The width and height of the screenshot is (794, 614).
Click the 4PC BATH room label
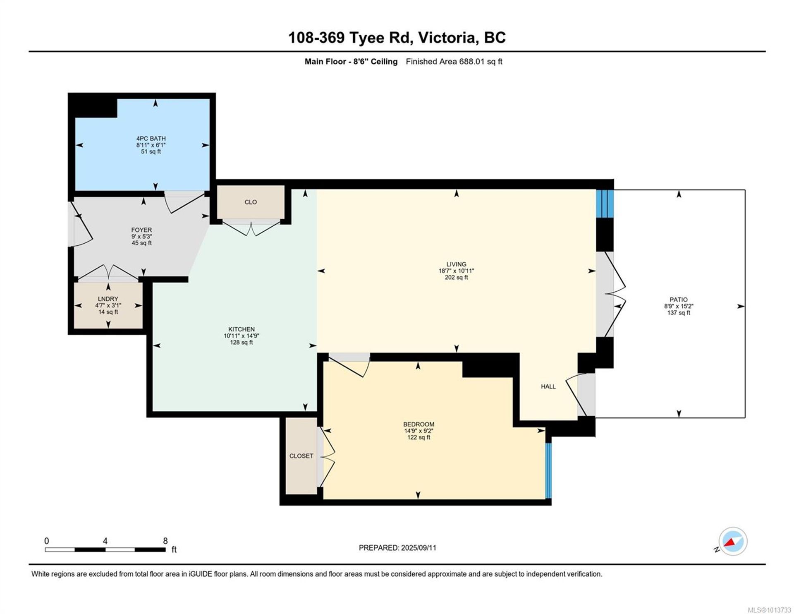pos(151,139)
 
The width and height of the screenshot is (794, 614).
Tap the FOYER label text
pos(141,230)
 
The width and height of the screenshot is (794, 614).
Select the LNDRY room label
pos(108,299)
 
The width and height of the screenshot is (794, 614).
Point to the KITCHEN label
pos(242,329)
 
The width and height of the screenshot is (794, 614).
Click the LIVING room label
pos(456,264)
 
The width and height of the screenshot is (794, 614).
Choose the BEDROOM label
pos(419,424)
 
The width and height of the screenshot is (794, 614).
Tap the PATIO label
pos(679,300)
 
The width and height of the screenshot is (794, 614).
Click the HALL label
pos(548,386)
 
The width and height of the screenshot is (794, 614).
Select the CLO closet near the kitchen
pos(251,202)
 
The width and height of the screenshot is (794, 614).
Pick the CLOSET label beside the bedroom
pos(301,456)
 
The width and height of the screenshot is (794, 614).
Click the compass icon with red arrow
pos(733,542)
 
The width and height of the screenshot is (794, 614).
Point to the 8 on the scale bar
pos(165,541)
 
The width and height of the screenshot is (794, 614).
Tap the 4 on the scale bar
pos(105,541)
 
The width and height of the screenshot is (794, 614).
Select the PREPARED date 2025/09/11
pos(418,548)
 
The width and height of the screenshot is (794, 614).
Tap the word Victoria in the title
pos(446,38)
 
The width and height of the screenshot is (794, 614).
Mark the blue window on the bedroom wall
pos(548,471)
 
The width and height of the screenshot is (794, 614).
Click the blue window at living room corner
pos(605,204)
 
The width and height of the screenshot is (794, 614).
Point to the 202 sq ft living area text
pos(456,278)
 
